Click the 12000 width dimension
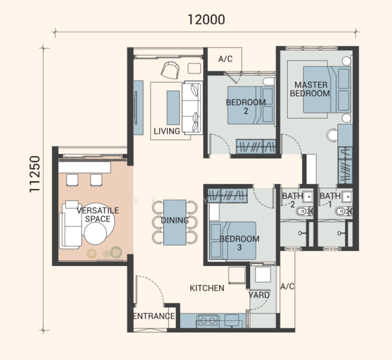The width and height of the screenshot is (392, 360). (x=206, y=20)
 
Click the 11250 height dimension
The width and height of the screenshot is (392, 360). (x=35, y=174)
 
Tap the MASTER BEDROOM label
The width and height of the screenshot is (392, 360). (x=310, y=89)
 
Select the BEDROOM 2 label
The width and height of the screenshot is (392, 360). (x=246, y=106)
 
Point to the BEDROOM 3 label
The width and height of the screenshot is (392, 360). (x=239, y=243)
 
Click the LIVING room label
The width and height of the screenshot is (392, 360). (x=167, y=131)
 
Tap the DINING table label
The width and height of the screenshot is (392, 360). (x=175, y=220)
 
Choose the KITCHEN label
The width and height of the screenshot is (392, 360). (x=207, y=288)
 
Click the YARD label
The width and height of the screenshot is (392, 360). (x=260, y=295)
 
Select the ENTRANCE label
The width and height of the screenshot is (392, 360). (x=154, y=316)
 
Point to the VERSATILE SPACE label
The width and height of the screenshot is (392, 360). (x=98, y=215)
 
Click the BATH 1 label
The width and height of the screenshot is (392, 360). (x=330, y=200)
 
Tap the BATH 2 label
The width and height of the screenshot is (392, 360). (x=293, y=200)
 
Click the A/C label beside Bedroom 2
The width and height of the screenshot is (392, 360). (x=225, y=59)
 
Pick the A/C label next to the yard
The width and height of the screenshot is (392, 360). (x=288, y=286)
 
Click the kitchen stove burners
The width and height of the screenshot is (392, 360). (x=207, y=320)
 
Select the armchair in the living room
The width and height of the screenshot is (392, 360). (x=170, y=70)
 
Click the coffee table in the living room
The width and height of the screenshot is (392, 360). (x=173, y=107)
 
